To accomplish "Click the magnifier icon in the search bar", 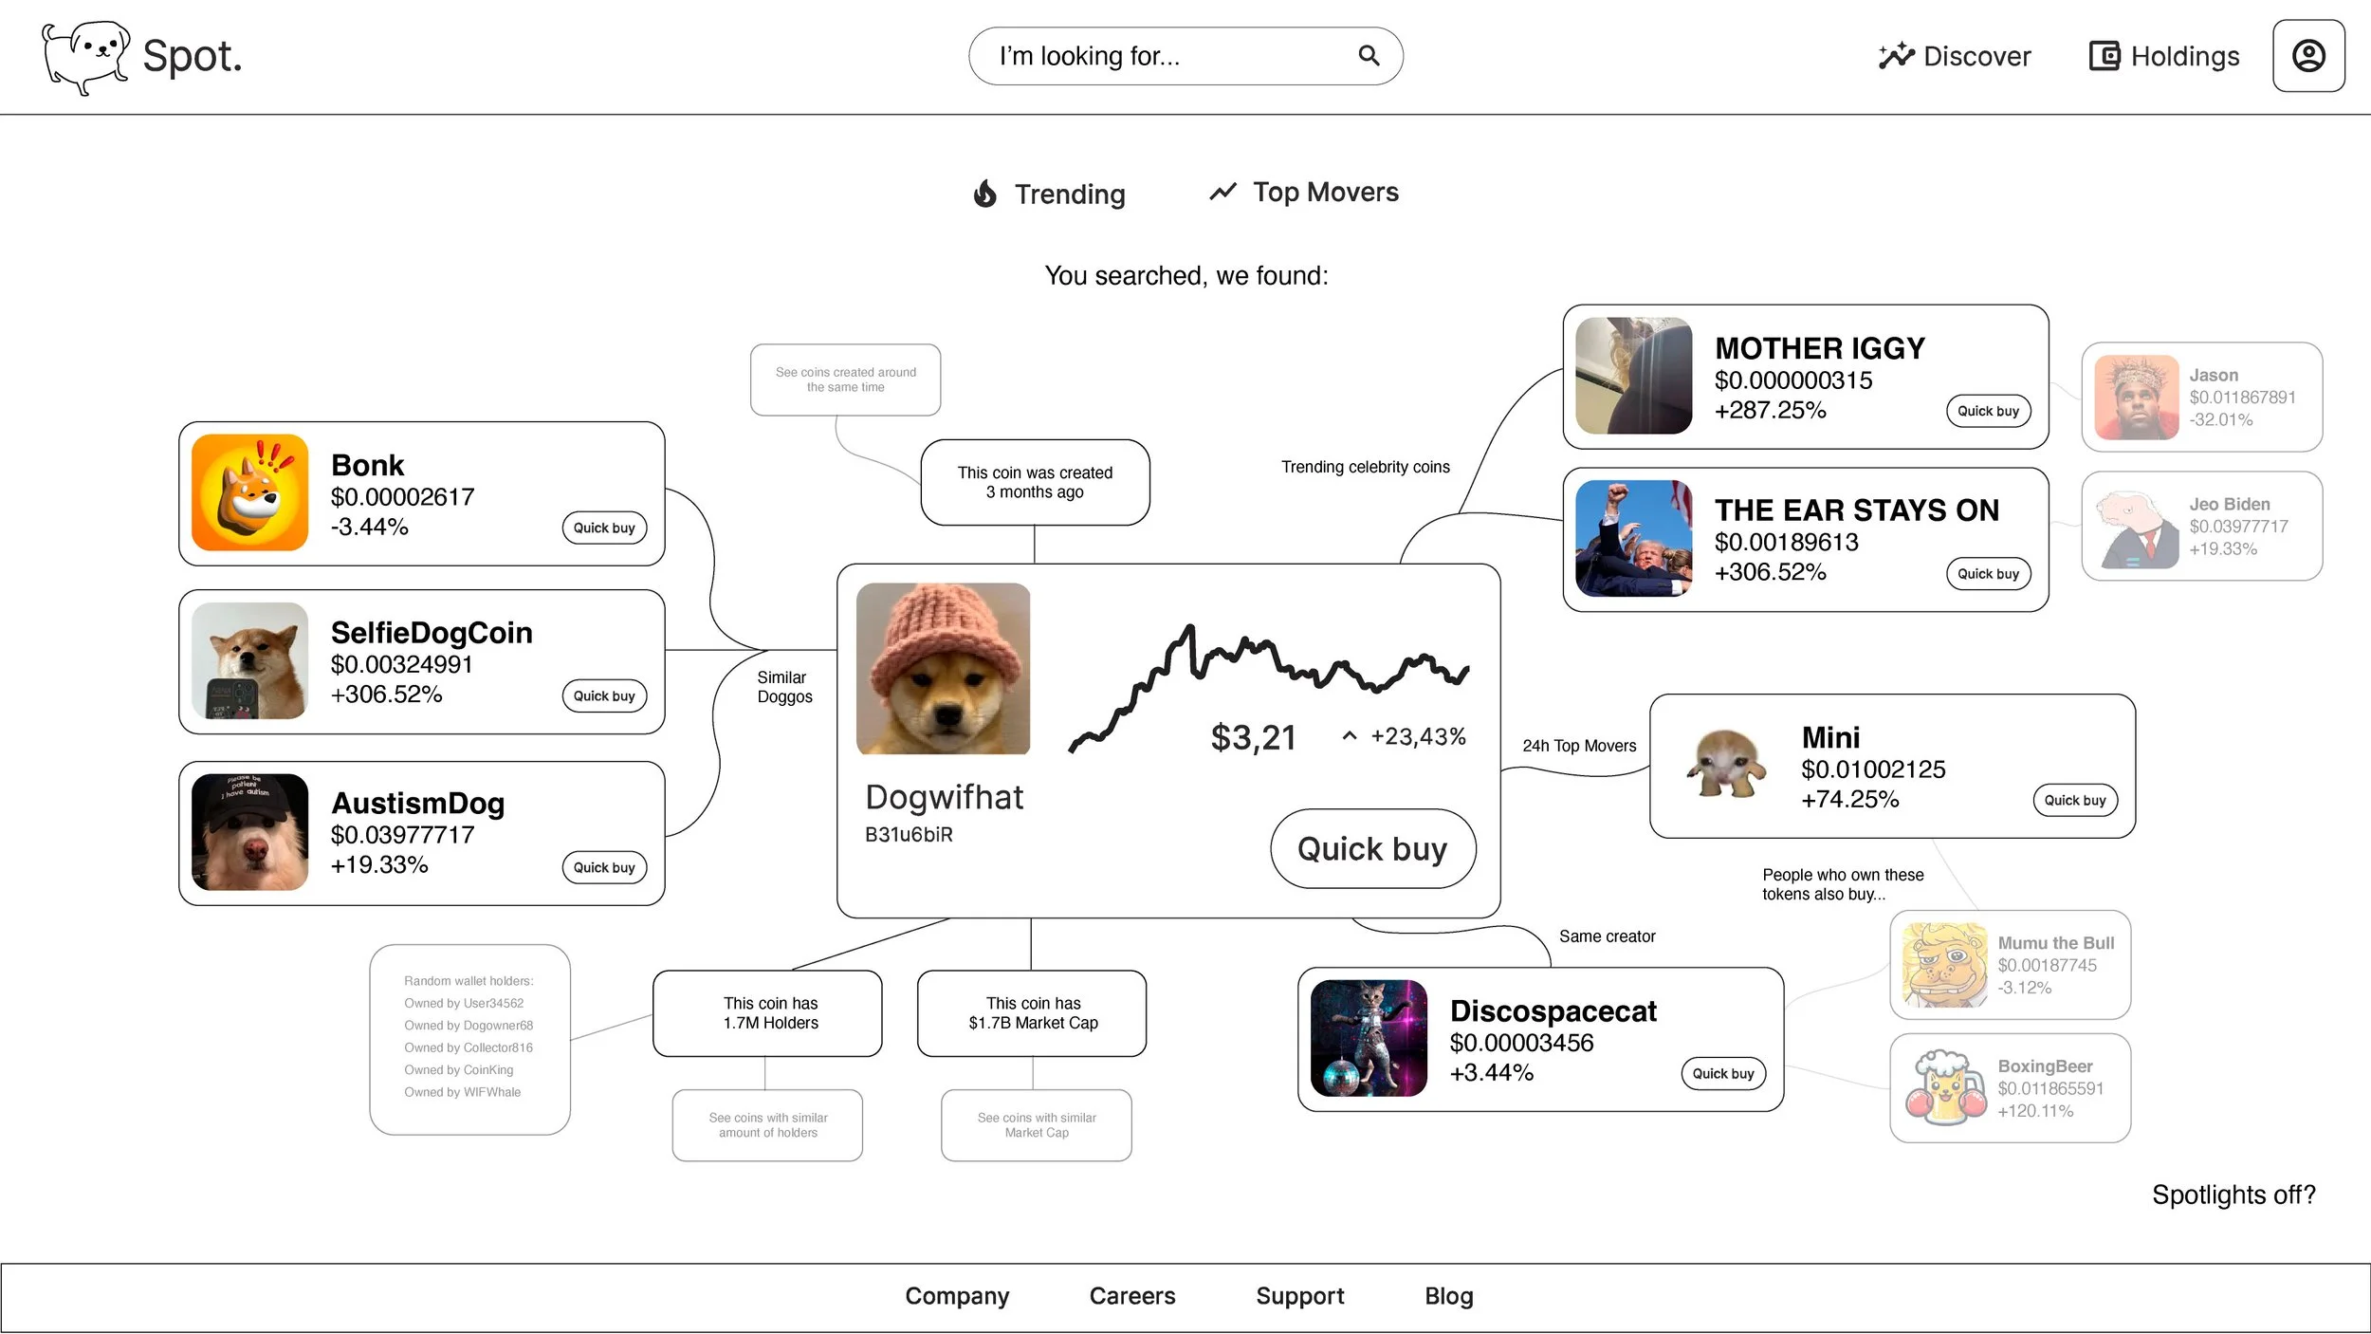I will pyautogui.click(x=1369, y=56).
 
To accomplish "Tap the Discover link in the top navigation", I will pyautogui.click(x=1955, y=57).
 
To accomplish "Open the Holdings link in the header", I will pyautogui.click(x=2164, y=57).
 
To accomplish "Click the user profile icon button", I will pyautogui.click(x=2308, y=56).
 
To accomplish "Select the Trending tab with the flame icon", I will pyautogui.click(x=1050, y=194).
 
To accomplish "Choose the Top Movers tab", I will pyautogui.click(x=1304, y=193).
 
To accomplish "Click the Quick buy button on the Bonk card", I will pyautogui.click(x=604, y=528).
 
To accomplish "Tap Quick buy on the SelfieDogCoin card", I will pyautogui.click(x=604, y=696).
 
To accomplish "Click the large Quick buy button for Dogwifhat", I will pyautogui.click(x=1372, y=849).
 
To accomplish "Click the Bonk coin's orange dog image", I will pyautogui.click(x=249, y=493).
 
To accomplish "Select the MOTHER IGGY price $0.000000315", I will pyautogui.click(x=1793, y=381).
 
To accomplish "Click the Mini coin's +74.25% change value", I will pyautogui.click(x=1849, y=800).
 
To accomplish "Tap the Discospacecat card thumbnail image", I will pyautogui.click(x=1369, y=1039).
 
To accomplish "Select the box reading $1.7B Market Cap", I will pyautogui.click(x=1032, y=1013).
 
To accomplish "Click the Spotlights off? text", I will pyautogui.click(x=2233, y=1195).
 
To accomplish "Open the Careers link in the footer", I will pyautogui.click(x=1132, y=1297).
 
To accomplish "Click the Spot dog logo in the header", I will pyautogui.click(x=85, y=57).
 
